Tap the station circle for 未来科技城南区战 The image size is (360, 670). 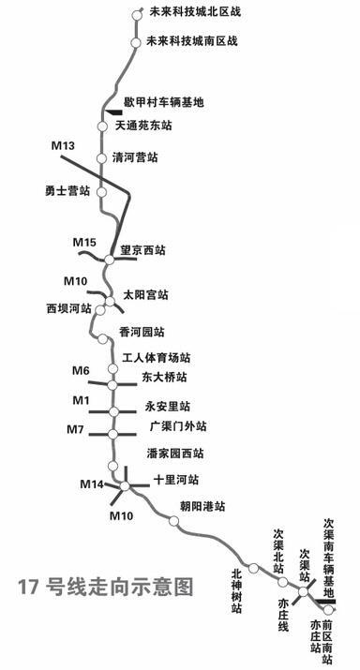tap(137, 41)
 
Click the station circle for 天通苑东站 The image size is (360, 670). tap(103, 125)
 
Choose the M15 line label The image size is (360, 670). tap(84, 244)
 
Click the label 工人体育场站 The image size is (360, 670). tap(157, 358)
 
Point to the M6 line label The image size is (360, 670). tap(81, 371)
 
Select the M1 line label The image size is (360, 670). tap(81, 401)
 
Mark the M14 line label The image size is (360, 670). tap(91, 484)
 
